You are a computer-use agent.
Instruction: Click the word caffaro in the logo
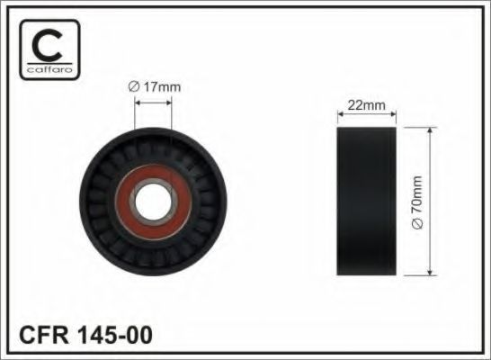pos(49,69)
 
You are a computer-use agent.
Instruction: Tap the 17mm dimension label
pos(155,86)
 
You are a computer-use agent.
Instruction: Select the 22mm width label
pos(366,105)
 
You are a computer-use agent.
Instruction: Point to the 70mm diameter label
pos(418,202)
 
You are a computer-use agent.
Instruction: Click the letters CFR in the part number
pos(44,335)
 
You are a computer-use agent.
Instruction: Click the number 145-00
pos(114,335)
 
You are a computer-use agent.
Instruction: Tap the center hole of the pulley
pos(153,202)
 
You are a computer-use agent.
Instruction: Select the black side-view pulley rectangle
pos(366,202)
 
